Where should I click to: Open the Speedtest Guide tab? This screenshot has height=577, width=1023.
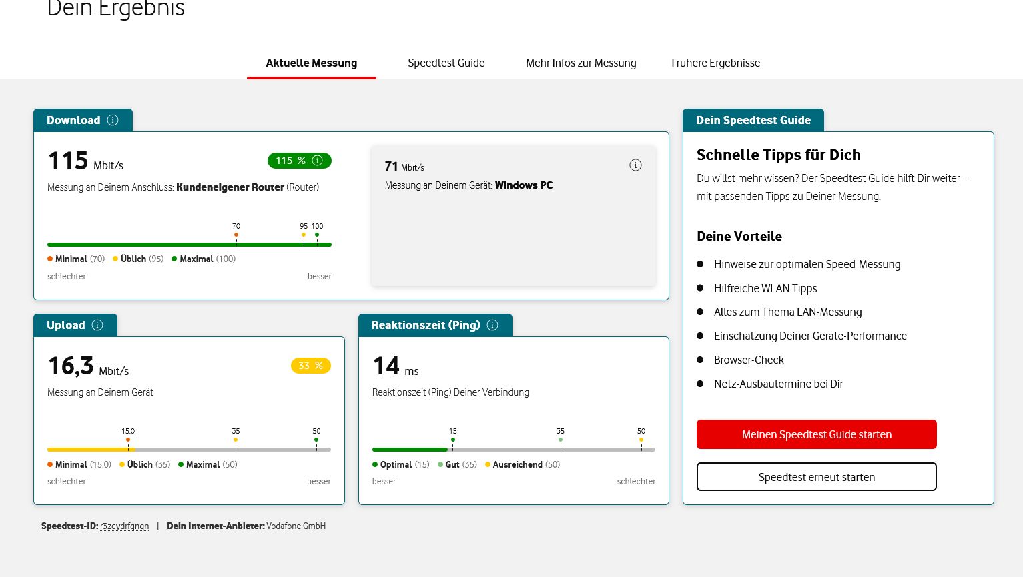point(446,63)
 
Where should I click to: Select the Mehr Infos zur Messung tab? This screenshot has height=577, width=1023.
point(581,63)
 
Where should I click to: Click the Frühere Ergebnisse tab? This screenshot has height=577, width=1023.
point(715,63)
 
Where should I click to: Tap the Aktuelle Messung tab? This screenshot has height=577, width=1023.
point(311,63)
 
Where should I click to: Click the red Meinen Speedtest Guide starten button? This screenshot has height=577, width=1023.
point(816,434)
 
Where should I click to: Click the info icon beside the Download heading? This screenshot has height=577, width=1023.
point(113,120)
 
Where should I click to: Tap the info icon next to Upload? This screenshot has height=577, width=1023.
point(97,325)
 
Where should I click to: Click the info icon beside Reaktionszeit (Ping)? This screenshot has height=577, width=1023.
point(492,325)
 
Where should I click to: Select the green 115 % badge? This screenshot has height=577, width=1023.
point(299,161)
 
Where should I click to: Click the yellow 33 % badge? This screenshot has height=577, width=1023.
point(310,366)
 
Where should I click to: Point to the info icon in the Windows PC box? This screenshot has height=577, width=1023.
point(635,165)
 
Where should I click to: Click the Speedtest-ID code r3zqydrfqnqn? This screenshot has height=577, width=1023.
point(124,526)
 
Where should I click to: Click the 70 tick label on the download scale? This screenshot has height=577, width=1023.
point(236,227)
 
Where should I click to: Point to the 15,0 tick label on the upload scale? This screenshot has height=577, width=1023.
point(128,432)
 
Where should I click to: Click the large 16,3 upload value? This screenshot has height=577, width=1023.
point(71,366)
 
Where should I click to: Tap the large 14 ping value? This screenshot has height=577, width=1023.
point(386,366)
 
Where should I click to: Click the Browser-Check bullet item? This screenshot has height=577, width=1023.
point(749,360)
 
